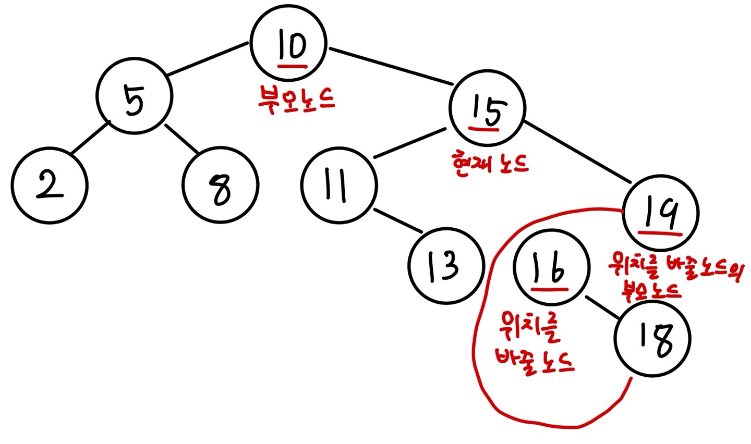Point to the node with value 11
click(338, 185)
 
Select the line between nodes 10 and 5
click(208, 59)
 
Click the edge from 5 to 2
click(90, 138)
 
